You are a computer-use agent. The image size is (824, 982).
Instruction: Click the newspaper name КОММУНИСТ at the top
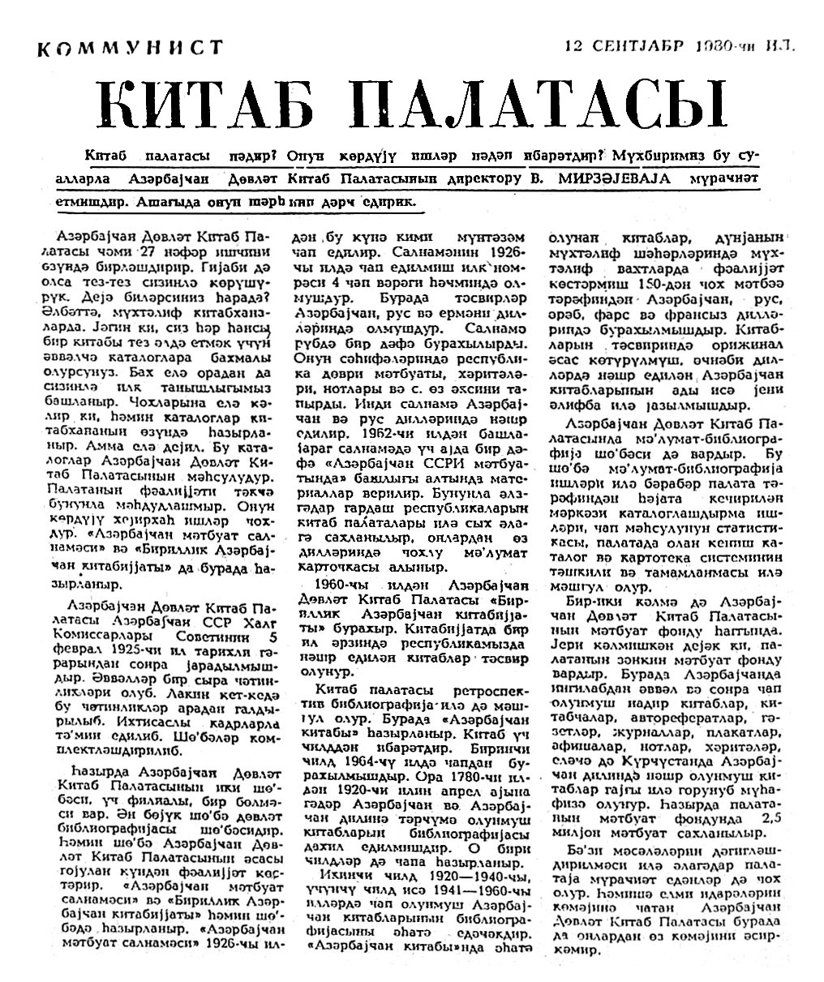[130, 49]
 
